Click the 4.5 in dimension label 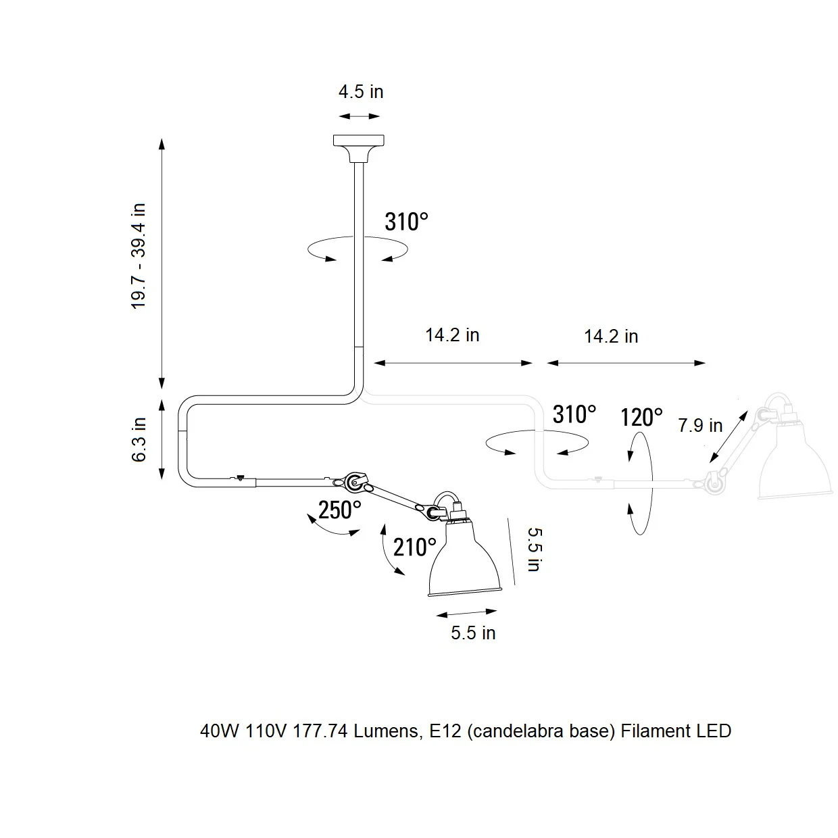360,92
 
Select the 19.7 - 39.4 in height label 139,256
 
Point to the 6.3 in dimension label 139,439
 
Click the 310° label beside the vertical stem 406,222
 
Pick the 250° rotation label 340,510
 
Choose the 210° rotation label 414,547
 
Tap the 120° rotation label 641,418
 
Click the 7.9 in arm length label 700,425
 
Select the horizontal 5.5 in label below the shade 473,633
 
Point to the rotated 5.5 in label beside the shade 535,549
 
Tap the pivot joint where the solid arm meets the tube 355,481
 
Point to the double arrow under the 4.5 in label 360,116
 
